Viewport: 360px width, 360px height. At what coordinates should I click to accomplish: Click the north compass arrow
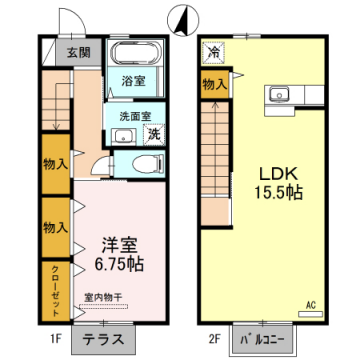[x=181, y=15]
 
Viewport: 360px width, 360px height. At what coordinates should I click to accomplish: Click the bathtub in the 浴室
[x=132, y=56]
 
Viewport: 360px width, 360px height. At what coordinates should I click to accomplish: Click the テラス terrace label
[x=104, y=339]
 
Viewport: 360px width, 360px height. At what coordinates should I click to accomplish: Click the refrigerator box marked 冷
[x=213, y=52]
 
